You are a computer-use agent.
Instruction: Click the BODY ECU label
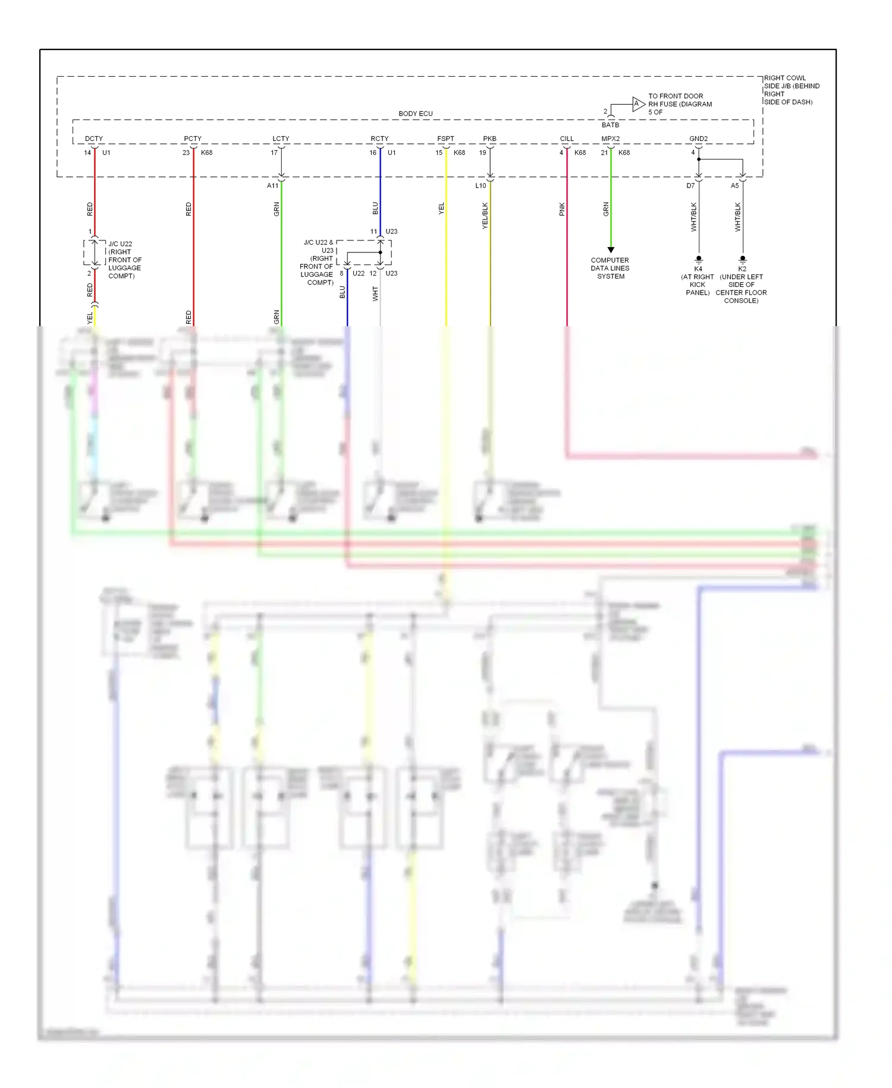pyautogui.click(x=416, y=114)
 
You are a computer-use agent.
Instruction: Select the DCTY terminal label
pyautogui.click(x=94, y=139)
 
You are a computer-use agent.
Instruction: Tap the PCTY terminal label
pyautogui.click(x=193, y=139)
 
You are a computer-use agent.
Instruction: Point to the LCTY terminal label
pyautogui.click(x=281, y=139)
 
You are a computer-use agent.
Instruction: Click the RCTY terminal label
pyautogui.click(x=379, y=139)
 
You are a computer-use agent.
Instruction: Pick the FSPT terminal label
pyautogui.click(x=445, y=139)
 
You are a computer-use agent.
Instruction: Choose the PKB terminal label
pyautogui.click(x=489, y=139)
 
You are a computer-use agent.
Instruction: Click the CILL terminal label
pyautogui.click(x=567, y=139)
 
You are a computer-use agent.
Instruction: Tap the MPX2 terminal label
pyautogui.click(x=610, y=139)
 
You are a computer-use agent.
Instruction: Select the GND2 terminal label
pyautogui.click(x=698, y=139)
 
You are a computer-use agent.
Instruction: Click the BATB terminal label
pyautogui.click(x=610, y=125)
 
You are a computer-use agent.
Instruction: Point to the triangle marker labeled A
pyautogui.click(x=637, y=104)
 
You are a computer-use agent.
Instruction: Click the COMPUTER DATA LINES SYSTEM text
pyautogui.click(x=610, y=268)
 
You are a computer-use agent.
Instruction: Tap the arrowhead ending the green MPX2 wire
pyautogui.click(x=611, y=250)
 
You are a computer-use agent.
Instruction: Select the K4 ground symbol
pyautogui.click(x=699, y=260)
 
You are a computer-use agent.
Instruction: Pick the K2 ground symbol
pyautogui.click(x=743, y=260)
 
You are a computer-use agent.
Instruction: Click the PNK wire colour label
pyautogui.click(x=562, y=209)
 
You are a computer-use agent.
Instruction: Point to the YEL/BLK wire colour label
pyautogui.click(x=485, y=215)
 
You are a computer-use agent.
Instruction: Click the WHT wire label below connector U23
pyautogui.click(x=375, y=293)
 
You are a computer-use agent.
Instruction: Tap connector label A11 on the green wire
pyautogui.click(x=272, y=186)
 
